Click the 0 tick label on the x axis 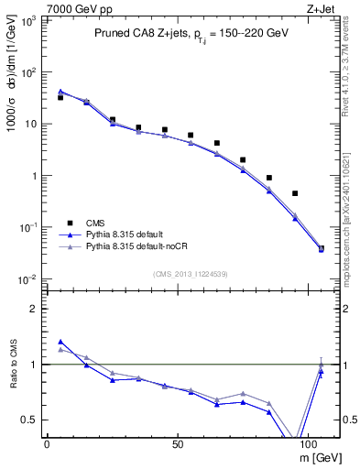[47, 442]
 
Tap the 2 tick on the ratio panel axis [28, 309]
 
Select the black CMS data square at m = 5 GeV [60, 97]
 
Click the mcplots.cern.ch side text [352, 192]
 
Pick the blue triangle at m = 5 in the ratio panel [60, 342]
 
